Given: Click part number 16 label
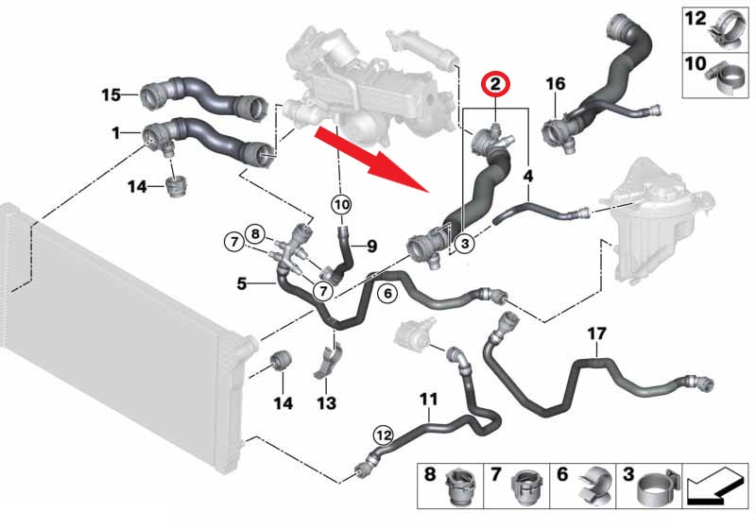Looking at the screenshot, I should [x=555, y=84].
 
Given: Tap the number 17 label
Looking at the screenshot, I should [x=596, y=334].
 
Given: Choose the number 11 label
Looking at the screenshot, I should [x=429, y=400].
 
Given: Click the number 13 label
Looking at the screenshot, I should [x=326, y=404].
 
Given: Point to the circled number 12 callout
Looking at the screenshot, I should [x=382, y=435].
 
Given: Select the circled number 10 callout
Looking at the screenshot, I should [x=340, y=203].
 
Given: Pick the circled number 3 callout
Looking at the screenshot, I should [x=463, y=245].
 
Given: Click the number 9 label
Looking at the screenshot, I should [x=370, y=247].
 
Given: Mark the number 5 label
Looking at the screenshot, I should [x=242, y=282].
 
